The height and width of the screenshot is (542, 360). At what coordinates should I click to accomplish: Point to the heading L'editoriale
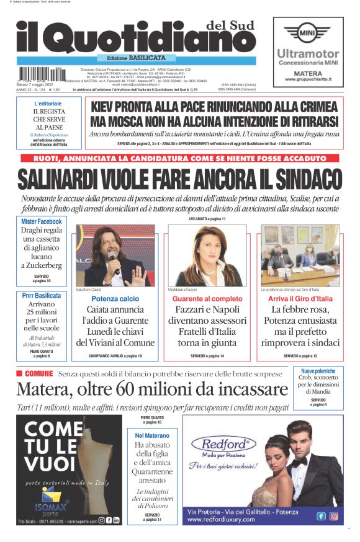point(48,102)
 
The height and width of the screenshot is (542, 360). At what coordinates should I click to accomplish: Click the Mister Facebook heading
point(42,221)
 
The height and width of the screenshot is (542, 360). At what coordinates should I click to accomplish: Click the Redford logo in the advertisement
point(223,444)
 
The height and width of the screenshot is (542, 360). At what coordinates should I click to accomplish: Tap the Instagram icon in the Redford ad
point(333,516)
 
